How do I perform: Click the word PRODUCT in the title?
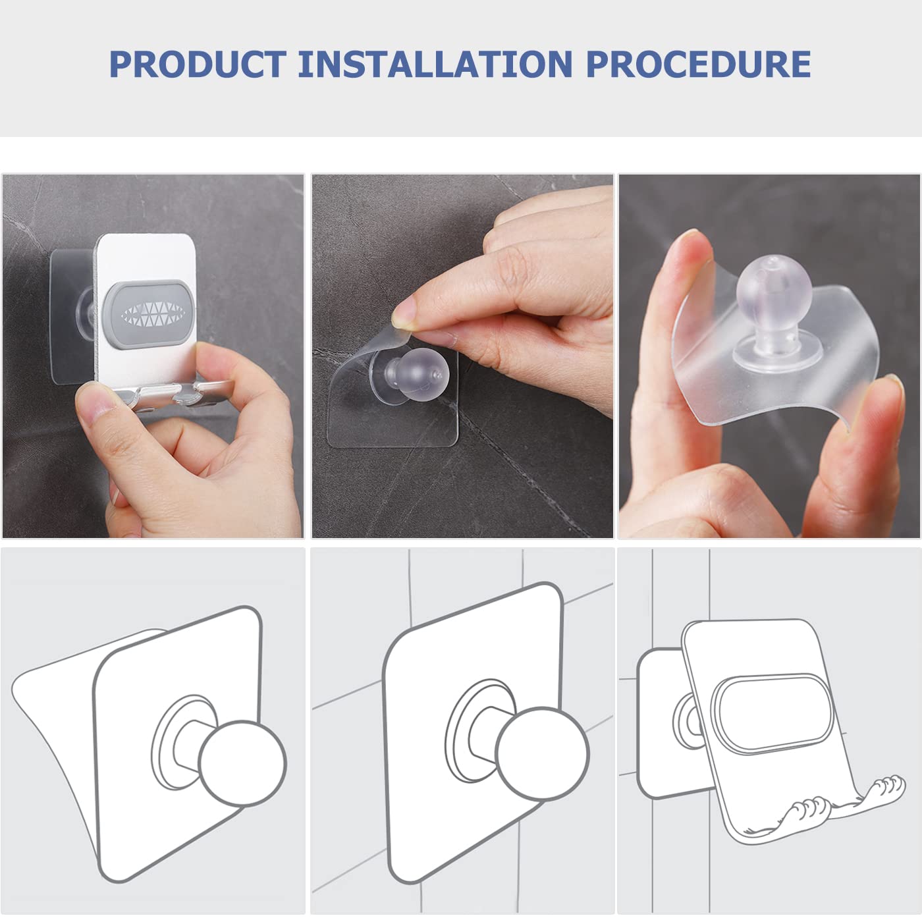coord(197,64)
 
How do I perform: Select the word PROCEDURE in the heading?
coord(698,64)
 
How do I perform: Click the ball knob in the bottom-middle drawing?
coord(542,754)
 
